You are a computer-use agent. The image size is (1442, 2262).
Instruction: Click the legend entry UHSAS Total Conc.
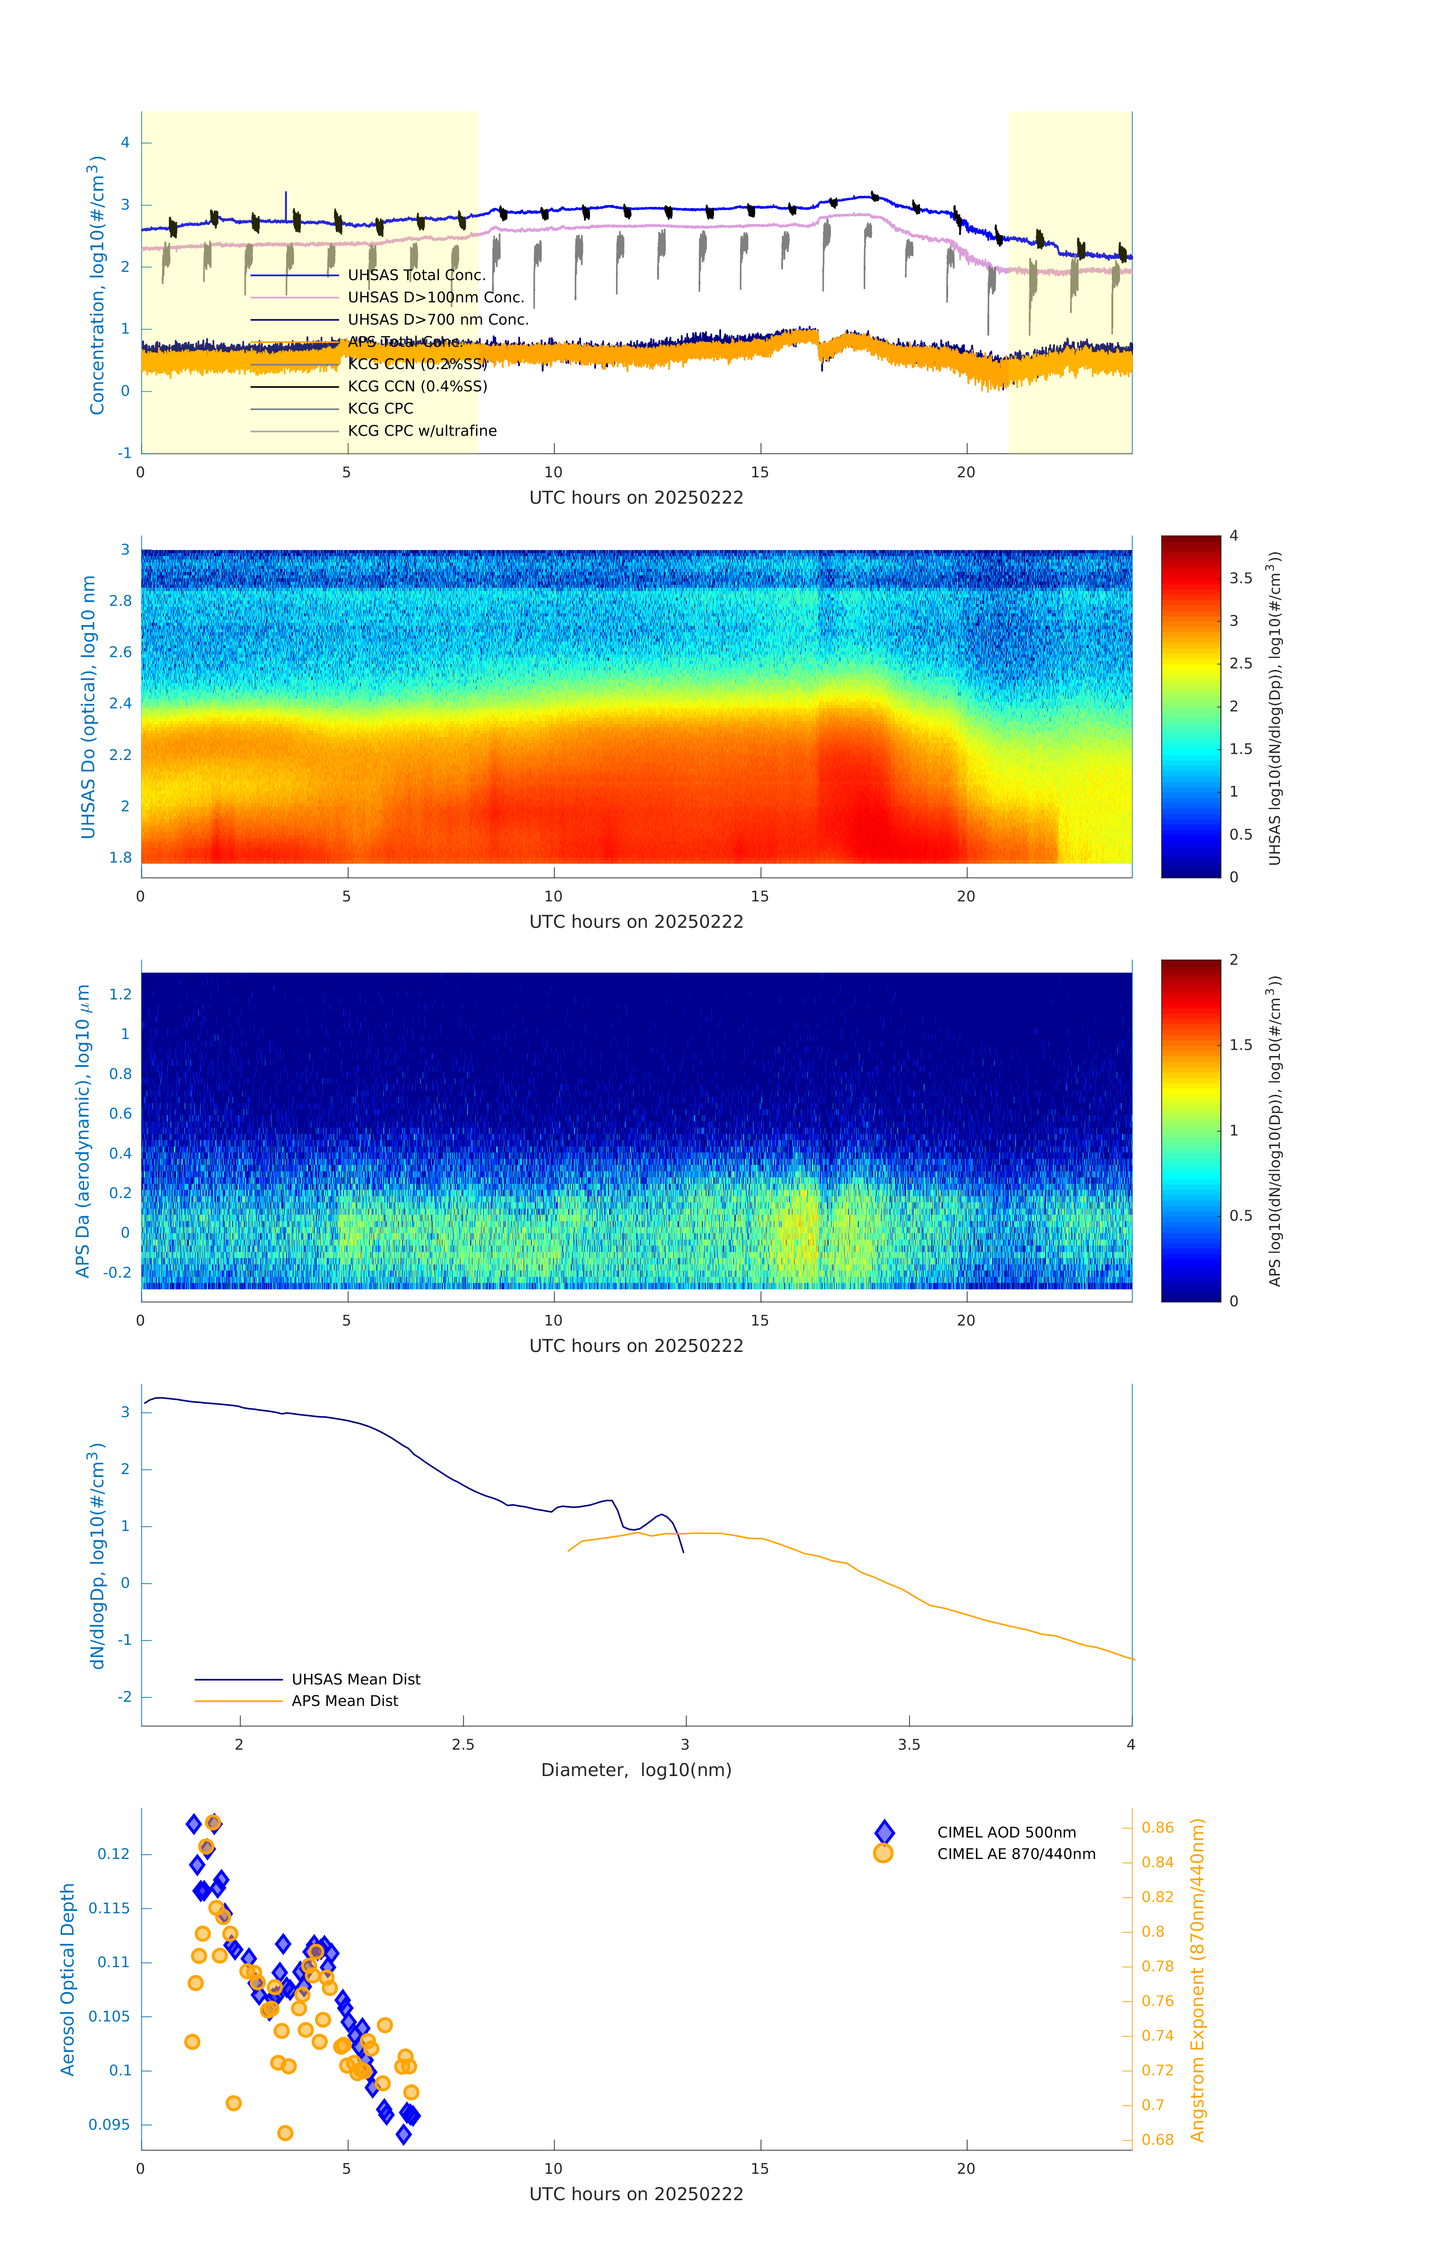click(416, 275)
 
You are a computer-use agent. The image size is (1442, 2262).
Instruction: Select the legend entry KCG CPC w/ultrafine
click(422, 431)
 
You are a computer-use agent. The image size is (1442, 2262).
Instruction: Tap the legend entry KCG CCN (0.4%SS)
click(417, 386)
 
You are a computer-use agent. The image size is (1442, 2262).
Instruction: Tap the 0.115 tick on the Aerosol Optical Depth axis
click(109, 1908)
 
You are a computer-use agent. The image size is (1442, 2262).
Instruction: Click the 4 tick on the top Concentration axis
click(125, 143)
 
